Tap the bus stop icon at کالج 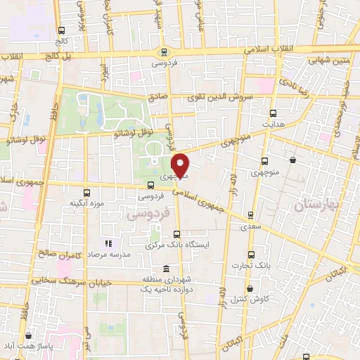click(61, 30)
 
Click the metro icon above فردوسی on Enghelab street click(164, 51)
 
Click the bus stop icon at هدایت click(273, 112)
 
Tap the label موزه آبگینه click(86, 203)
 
